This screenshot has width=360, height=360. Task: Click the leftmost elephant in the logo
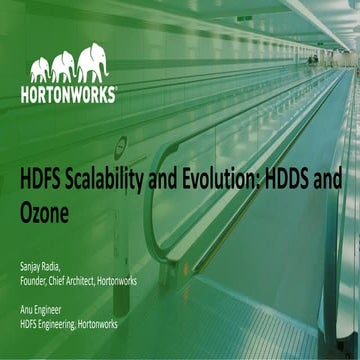pos(40,70)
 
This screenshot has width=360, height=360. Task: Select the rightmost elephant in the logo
pos(93,63)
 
